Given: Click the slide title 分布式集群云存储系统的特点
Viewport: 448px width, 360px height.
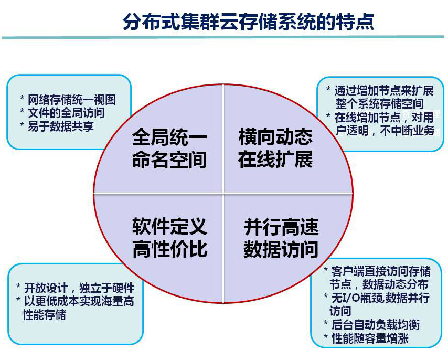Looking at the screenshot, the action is click(x=248, y=22).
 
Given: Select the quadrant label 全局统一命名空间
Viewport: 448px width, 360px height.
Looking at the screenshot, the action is click(x=169, y=149).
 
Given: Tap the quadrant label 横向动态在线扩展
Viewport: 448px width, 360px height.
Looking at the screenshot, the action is click(x=275, y=149).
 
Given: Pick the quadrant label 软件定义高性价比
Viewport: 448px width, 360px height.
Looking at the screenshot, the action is click(x=170, y=238).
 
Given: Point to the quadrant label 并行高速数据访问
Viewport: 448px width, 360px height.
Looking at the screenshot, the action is click(x=281, y=239).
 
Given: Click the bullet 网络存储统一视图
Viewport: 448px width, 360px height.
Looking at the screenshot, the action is click(x=72, y=100).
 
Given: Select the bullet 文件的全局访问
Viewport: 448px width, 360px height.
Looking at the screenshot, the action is click(x=66, y=113).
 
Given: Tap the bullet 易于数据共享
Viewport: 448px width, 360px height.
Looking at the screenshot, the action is click(x=61, y=126).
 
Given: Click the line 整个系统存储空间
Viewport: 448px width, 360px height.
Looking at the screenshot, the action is click(x=380, y=104).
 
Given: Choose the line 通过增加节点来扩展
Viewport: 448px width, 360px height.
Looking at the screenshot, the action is click(x=385, y=91).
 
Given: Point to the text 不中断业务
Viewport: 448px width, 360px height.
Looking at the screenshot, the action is click(x=407, y=131).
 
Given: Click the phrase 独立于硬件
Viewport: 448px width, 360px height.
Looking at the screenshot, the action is click(x=106, y=288).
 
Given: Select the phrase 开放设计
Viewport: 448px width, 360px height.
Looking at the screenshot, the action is click(x=46, y=288).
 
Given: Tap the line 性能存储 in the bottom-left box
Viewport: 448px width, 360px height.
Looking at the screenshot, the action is click(x=44, y=314).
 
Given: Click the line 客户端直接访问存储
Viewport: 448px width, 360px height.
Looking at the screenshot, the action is click(x=381, y=271).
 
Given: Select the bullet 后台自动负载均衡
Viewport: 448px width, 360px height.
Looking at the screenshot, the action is click(x=376, y=324).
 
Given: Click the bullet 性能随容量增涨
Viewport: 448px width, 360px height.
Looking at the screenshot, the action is click(x=370, y=338).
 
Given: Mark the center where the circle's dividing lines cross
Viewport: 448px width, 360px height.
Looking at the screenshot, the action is click(x=223, y=194).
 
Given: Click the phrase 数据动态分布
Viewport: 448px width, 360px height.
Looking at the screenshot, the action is click(x=396, y=284).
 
